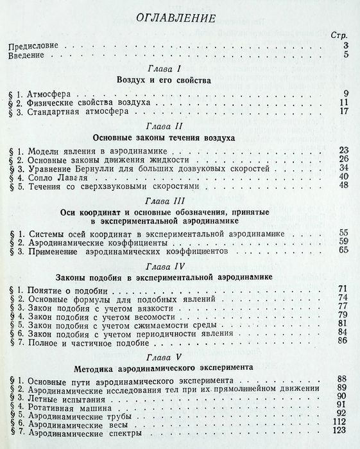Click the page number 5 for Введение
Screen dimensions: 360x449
point(345,56)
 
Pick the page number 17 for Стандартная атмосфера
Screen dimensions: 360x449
point(343,111)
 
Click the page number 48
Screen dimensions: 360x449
point(343,186)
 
